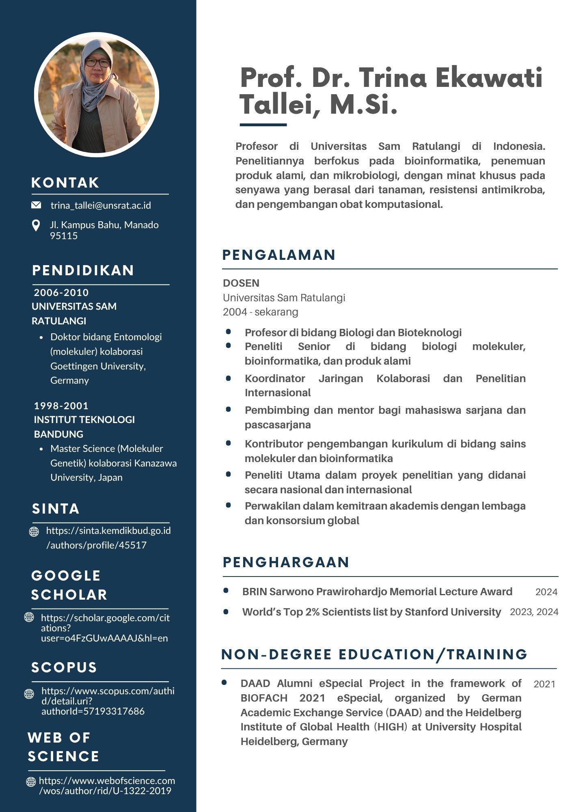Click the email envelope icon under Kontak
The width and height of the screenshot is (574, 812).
[36, 205]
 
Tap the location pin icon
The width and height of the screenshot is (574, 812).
[36, 226]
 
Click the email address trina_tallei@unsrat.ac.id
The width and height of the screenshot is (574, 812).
[101, 205]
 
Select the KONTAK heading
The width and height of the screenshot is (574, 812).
[65, 183]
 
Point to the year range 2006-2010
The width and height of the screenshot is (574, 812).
[61, 292]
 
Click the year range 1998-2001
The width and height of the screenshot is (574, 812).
[61, 406]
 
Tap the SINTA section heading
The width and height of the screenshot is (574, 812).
[56, 509]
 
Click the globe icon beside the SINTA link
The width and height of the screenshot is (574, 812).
[34, 531]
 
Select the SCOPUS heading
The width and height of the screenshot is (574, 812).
[64, 667]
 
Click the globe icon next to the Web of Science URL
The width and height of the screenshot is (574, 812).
[31, 781]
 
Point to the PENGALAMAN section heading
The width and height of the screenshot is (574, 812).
[279, 255]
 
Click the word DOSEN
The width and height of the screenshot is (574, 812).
[241, 283]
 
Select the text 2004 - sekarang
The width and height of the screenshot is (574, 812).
[261, 312]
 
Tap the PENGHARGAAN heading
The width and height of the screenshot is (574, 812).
[286, 562]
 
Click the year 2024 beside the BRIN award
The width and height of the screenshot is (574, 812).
[546, 592]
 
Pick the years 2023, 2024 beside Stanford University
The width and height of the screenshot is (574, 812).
[534, 612]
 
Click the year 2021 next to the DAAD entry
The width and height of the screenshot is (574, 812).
[544, 684]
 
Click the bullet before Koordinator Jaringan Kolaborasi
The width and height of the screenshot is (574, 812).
[229, 378]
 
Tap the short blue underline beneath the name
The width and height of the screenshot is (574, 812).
[263, 125]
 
